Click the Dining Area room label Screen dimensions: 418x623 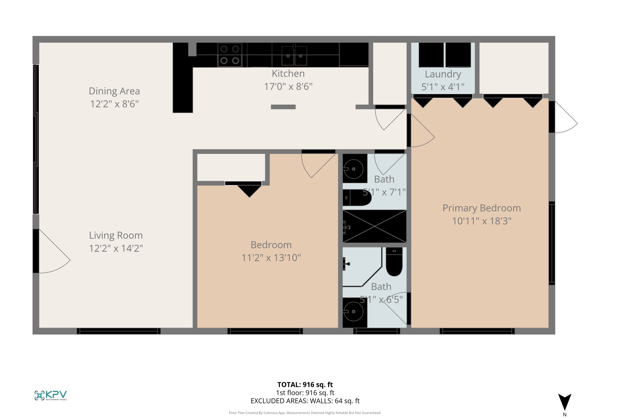pyautogui.click(x=114, y=91)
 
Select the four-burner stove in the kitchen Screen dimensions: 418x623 pyautogui.click(x=229, y=55)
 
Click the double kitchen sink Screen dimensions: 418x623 pyautogui.click(x=294, y=55)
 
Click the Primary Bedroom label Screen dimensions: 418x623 pyautogui.click(x=481, y=208)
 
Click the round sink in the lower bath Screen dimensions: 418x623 pyautogui.click(x=353, y=311)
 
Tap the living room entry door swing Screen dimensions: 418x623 pyautogui.click(x=53, y=253)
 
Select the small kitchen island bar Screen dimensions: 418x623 pyautogui.click(x=283, y=107)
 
